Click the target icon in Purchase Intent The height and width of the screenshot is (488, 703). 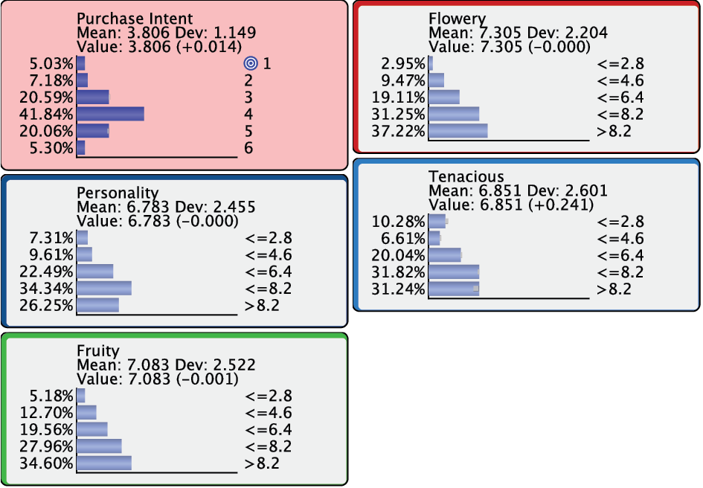(x=250, y=63)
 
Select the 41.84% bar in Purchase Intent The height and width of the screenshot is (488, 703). (x=110, y=114)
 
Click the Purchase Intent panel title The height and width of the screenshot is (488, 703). (x=135, y=19)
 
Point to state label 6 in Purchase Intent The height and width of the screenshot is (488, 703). (x=248, y=148)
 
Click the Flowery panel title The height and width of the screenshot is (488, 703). (x=457, y=19)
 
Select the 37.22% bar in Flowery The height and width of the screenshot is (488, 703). (x=458, y=131)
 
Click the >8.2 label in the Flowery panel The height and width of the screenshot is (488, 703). (x=614, y=131)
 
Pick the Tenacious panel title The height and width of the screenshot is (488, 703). (x=466, y=176)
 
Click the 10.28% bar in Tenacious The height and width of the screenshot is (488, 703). (x=437, y=221)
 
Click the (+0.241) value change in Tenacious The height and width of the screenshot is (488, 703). (x=568, y=205)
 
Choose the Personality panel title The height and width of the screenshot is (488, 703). (x=118, y=193)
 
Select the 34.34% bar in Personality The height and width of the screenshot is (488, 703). (x=103, y=288)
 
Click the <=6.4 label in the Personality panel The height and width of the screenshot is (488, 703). (x=268, y=271)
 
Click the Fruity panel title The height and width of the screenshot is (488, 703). (x=97, y=350)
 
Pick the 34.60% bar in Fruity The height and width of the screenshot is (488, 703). (x=103, y=463)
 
